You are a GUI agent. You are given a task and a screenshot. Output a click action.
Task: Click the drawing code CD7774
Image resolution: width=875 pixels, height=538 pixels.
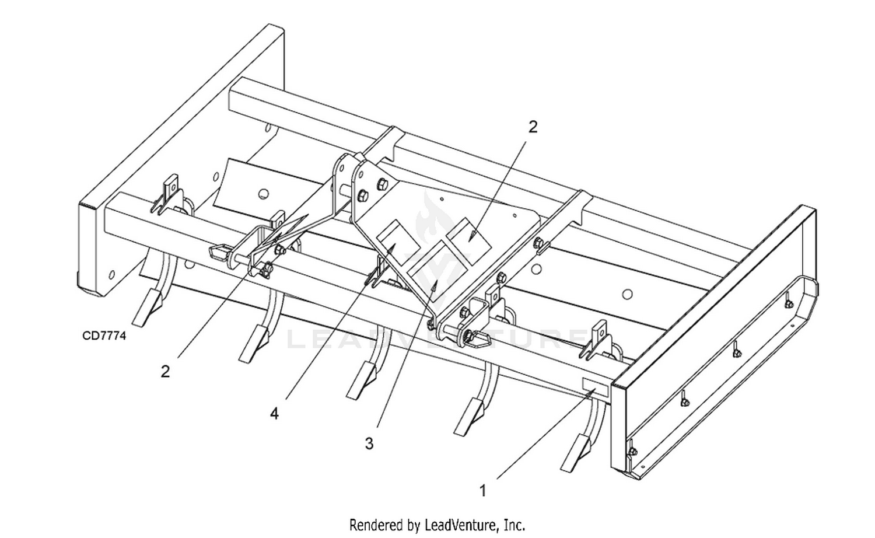[104, 336]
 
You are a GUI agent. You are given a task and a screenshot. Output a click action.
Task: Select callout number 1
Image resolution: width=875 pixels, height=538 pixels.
[482, 491]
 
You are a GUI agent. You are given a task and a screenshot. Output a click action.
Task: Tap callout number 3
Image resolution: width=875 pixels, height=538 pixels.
[369, 443]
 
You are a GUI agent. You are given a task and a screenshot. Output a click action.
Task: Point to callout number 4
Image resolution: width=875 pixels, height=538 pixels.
[274, 413]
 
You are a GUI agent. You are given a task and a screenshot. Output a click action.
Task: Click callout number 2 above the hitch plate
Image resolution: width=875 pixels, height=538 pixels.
[533, 127]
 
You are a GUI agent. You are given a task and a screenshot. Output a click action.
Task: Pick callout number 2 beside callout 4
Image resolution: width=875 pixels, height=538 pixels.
[166, 371]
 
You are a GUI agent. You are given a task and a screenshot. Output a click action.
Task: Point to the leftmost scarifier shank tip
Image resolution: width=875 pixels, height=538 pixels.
[145, 308]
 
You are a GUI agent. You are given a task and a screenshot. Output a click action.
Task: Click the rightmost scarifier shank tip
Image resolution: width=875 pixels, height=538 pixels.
[574, 452]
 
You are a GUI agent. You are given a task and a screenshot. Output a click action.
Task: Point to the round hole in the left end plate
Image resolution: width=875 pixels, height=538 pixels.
[111, 274]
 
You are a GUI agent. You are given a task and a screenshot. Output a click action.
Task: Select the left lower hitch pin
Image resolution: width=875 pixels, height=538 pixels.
[220, 253]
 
